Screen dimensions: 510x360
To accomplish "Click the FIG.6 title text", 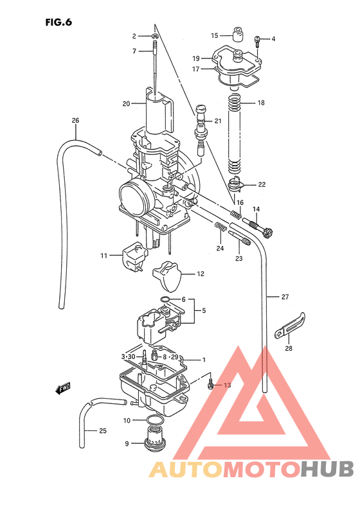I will [59, 21].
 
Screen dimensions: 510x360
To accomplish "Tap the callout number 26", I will [75, 121].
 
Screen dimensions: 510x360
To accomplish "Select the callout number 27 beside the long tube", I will [285, 297].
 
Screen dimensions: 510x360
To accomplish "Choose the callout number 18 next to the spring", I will [260, 103].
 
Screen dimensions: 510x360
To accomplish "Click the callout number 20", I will [126, 103].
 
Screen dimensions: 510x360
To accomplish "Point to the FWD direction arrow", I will [63, 388].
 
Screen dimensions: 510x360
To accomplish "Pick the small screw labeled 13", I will [212, 385].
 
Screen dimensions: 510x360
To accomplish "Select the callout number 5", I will [204, 311].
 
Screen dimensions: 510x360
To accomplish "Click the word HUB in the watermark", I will [327, 470].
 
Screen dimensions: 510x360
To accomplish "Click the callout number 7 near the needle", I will [134, 51].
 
